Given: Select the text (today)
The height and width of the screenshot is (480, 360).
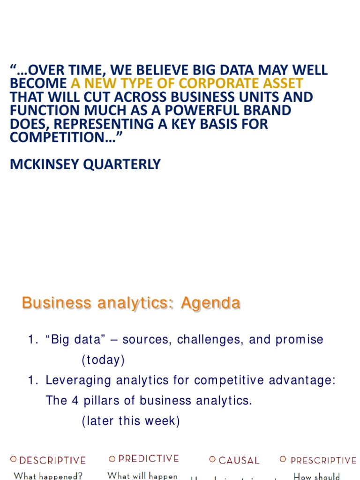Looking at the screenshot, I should pos(103,360).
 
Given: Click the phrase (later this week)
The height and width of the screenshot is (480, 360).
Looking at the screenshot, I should pos(131,421).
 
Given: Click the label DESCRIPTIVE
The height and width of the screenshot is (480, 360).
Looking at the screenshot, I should pos(52,461).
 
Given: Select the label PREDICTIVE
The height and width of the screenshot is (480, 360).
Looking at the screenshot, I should pos(149,459).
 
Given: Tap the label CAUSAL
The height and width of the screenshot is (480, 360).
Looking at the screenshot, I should pos(239,461).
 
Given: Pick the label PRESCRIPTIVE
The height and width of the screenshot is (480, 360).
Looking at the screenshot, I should pos(323,461).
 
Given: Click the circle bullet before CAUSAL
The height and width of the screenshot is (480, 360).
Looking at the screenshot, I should pos(212,460).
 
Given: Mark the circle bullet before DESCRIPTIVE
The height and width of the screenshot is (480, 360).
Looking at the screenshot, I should pos(13,460).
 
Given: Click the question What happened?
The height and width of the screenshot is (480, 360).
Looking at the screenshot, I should pos(48,476).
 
